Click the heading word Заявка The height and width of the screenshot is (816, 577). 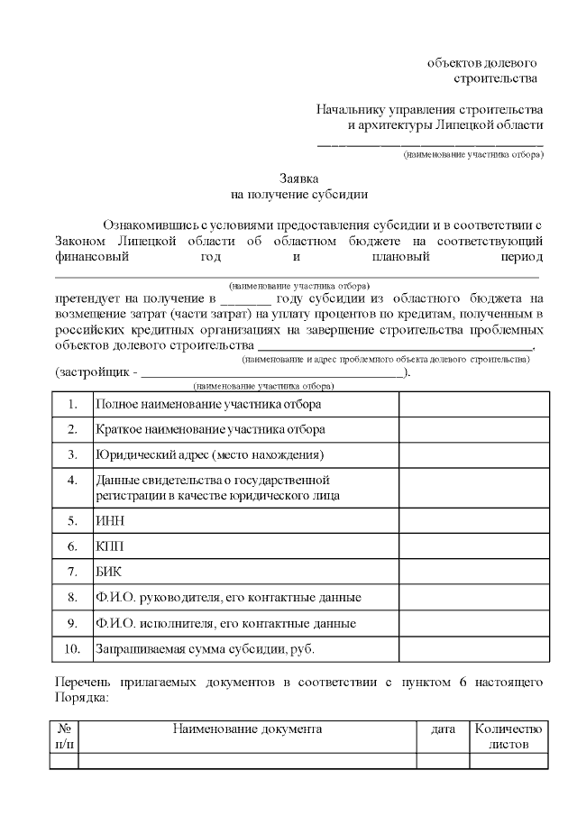[x=298, y=179]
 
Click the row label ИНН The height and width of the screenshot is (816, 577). [x=109, y=520]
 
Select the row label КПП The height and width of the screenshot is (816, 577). [x=110, y=546]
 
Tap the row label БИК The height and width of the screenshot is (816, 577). [x=108, y=572]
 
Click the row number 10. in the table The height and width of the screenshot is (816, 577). [x=72, y=648]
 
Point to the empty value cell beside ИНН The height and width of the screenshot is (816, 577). [x=473, y=520]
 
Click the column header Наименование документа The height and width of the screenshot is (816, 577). [x=247, y=729]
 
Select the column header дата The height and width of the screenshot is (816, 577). [x=443, y=729]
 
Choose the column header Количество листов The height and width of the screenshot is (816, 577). [x=508, y=737]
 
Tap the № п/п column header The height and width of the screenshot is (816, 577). [x=64, y=737]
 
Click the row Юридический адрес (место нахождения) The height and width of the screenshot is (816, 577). [x=209, y=454]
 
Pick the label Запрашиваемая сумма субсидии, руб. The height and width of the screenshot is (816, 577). [x=205, y=648]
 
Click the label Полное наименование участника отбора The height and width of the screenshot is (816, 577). [x=208, y=405]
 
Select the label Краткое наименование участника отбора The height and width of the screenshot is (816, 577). [x=210, y=429]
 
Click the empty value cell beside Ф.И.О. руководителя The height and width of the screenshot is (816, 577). [x=473, y=597]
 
